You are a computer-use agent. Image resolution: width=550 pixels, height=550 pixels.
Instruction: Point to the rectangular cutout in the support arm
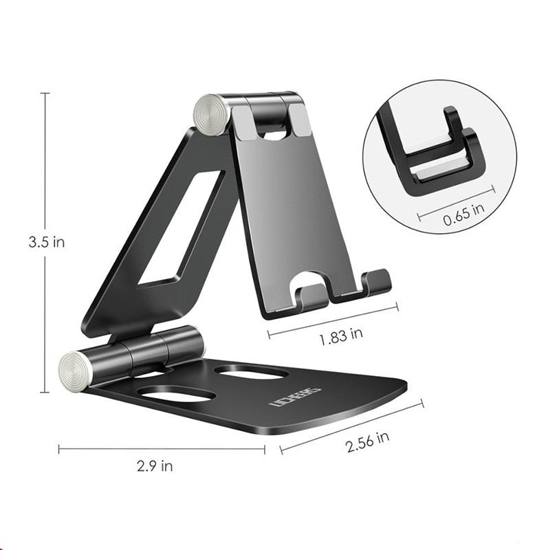180,230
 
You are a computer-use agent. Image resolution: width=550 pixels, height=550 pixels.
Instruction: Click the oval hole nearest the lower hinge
175,395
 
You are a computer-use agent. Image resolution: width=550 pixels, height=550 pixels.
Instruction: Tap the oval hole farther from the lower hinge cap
251,372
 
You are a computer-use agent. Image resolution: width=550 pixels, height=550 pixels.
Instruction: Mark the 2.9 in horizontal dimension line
162,449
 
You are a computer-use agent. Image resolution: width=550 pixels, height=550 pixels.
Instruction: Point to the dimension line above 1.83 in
332,321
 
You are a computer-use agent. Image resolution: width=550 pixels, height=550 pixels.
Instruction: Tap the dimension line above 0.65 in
455,203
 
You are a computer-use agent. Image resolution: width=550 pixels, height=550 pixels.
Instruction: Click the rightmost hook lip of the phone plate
377,281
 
